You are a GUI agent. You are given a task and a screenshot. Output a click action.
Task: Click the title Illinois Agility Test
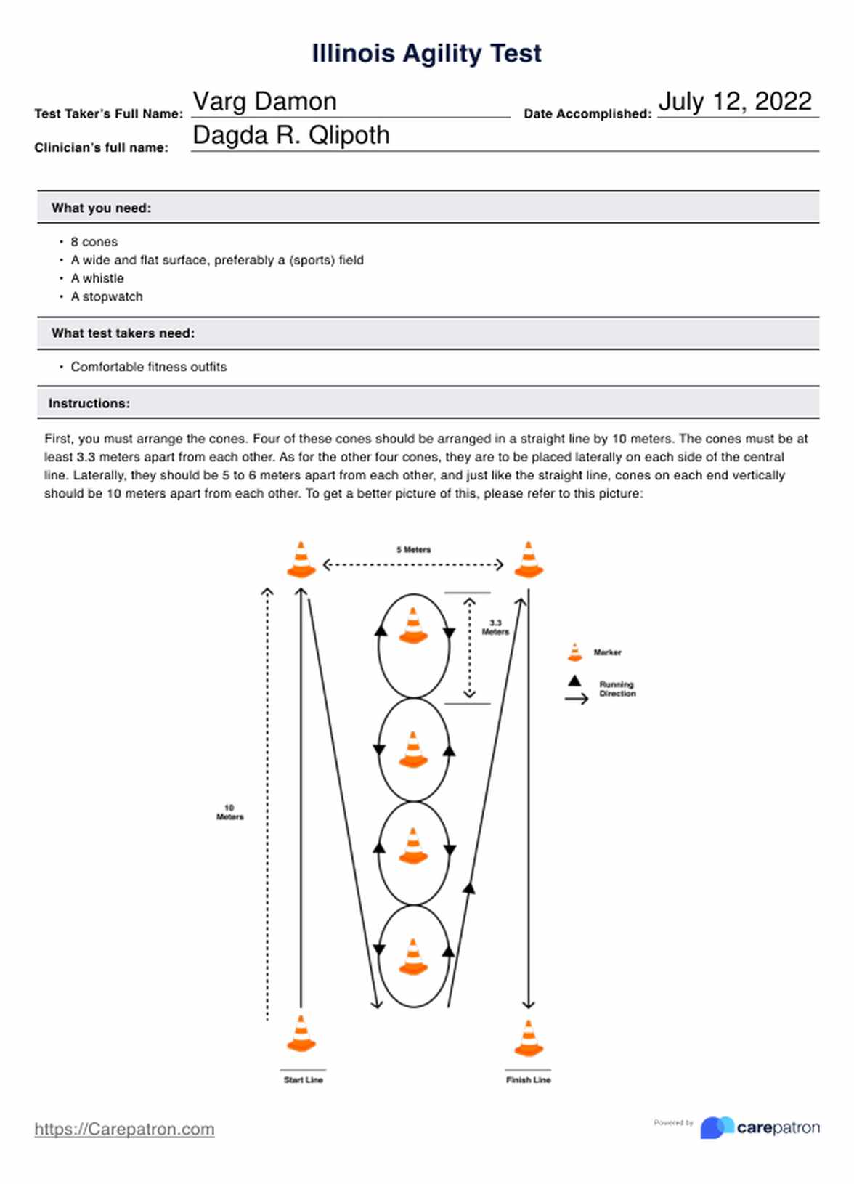coord(426,54)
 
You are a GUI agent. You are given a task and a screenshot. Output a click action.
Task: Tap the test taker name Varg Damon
coord(265,102)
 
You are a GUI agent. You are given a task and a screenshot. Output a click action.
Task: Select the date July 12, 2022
coord(735,101)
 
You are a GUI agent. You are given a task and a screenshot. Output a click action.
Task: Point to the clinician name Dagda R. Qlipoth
coord(291,135)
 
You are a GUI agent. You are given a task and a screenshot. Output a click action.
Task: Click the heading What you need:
coord(102,208)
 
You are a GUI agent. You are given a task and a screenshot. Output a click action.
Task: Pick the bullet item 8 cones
coord(94,242)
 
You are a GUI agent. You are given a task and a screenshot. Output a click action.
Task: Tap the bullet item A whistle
coord(97,278)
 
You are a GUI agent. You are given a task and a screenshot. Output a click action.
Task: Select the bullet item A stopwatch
coord(107,297)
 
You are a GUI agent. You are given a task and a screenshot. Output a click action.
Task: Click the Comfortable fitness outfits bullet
coord(148,367)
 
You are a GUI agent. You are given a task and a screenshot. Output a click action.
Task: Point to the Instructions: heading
coord(89,403)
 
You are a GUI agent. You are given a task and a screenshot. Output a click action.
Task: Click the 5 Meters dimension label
coord(414,550)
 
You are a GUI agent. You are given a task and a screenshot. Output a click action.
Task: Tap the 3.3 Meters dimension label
coord(495,628)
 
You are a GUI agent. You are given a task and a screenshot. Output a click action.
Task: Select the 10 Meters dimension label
coord(230,812)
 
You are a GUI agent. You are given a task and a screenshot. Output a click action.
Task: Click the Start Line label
coord(304,1080)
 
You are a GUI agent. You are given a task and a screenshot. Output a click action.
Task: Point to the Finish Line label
coord(529,1080)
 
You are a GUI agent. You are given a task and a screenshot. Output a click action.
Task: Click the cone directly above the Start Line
coord(301,1034)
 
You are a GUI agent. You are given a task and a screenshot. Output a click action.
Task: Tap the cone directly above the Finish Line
coord(529,1038)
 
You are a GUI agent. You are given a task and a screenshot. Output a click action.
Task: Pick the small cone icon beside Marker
coord(575,652)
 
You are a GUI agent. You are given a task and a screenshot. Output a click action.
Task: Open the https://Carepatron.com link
coord(125,1129)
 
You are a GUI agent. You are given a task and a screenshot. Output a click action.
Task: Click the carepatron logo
coord(760,1127)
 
